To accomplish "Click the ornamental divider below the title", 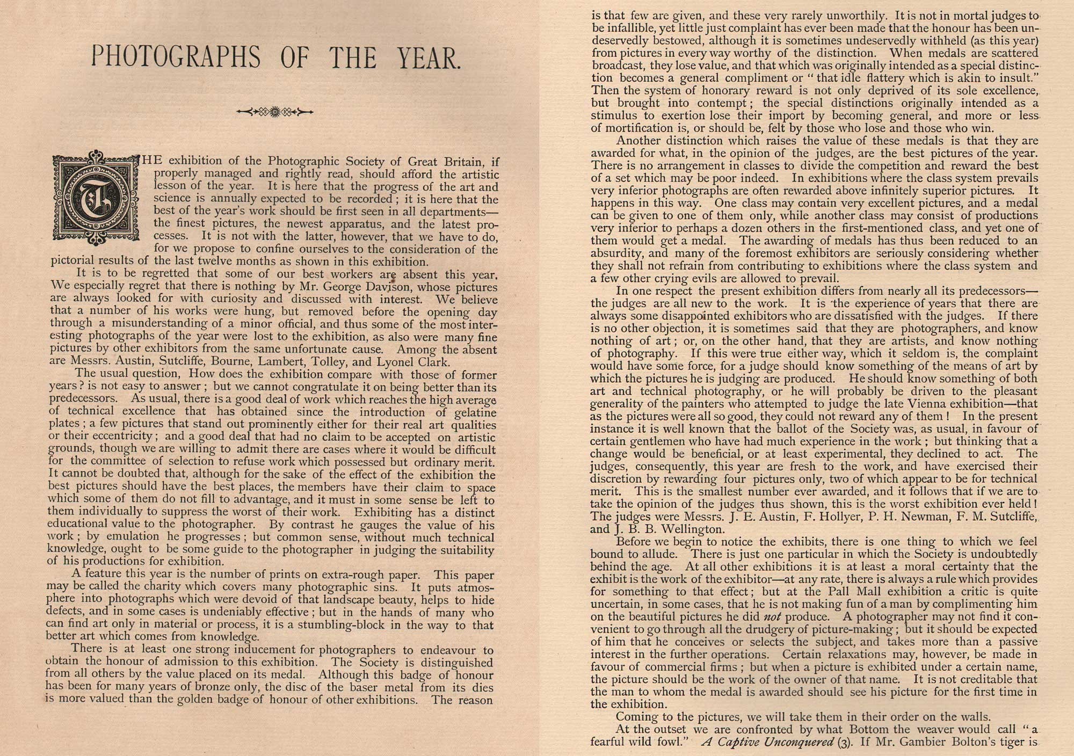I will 274,112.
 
